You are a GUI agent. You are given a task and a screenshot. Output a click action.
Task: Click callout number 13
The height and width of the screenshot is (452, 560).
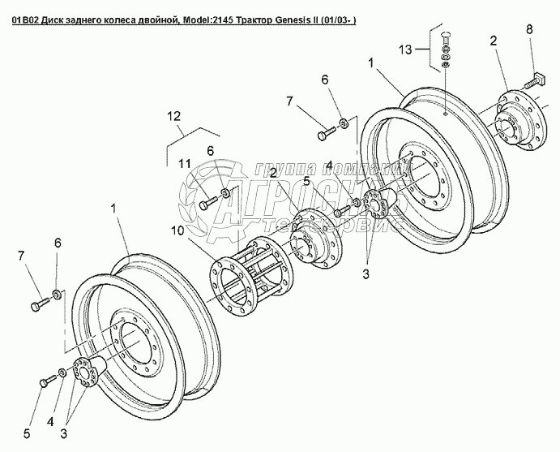point(410,50)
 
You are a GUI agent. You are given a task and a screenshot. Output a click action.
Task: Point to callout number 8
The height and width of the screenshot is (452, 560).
point(529,30)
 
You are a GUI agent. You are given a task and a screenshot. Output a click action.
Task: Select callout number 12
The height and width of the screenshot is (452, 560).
point(174,116)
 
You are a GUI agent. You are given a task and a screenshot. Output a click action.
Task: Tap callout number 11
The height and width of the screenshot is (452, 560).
point(185,164)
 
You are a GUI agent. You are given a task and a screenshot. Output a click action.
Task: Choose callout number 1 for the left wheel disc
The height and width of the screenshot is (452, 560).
point(114,208)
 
